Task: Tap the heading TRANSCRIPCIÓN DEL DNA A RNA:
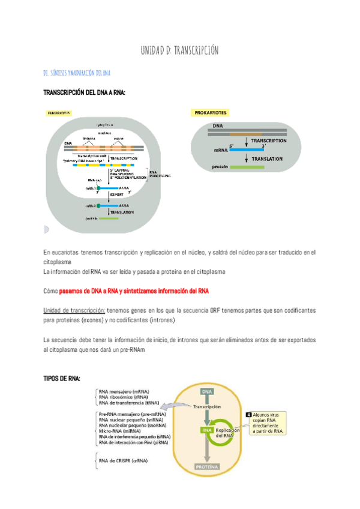coord(85,92)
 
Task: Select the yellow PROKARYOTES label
coord(212,113)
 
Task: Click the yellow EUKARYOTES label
coord(59,113)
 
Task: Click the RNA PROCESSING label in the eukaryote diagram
coord(160,175)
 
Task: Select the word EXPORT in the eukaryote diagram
coord(117,196)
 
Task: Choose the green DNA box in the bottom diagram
coord(207,391)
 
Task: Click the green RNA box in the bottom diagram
coord(207,430)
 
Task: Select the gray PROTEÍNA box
coord(207,466)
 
